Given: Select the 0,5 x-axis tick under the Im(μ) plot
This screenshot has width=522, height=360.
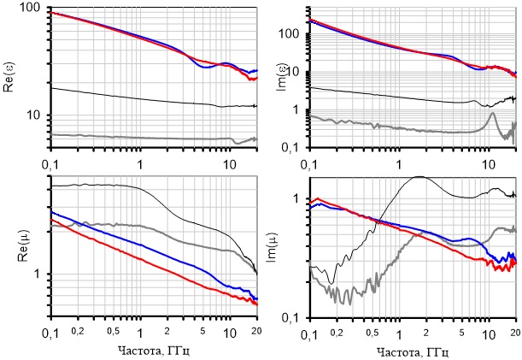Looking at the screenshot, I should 372,332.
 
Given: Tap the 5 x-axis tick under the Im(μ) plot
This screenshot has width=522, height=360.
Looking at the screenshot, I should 461,332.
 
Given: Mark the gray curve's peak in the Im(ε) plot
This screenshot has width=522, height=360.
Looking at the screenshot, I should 493,114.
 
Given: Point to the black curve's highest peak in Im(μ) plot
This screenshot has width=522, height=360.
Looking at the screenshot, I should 419,177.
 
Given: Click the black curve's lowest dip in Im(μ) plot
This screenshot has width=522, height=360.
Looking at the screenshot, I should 331,282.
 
